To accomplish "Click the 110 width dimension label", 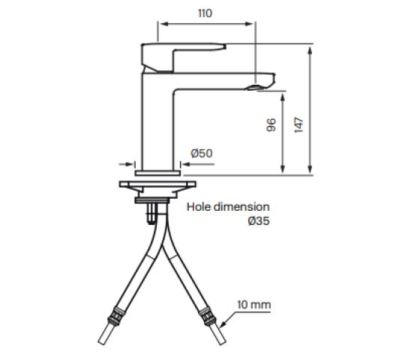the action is point(205,13).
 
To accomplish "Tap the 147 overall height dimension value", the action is point(299,124).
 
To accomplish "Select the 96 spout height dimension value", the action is point(271,125).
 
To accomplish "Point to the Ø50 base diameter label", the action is point(202,153).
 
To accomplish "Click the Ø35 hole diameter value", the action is point(259,220).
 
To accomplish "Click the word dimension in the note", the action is point(241,207).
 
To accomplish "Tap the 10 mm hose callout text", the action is point(254,304).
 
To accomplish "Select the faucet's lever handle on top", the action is point(184,57).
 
